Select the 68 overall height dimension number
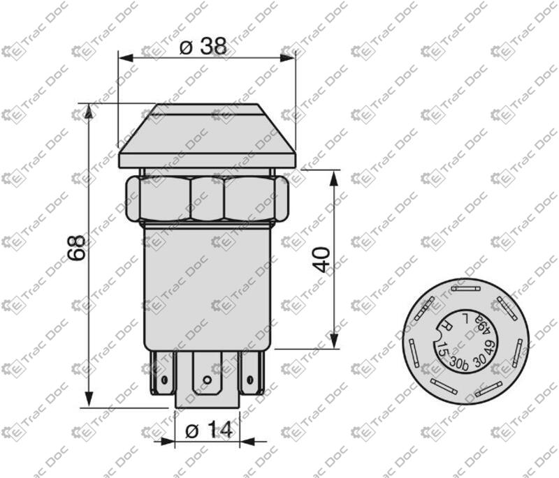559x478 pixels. [x=77, y=248]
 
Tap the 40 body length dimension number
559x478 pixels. [x=324, y=260]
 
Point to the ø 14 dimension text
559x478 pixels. [x=209, y=430]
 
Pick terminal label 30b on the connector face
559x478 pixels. [x=459, y=362]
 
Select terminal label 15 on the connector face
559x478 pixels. [x=443, y=350]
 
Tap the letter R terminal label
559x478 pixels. [x=446, y=326]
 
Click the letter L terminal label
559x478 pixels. [x=465, y=316]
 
